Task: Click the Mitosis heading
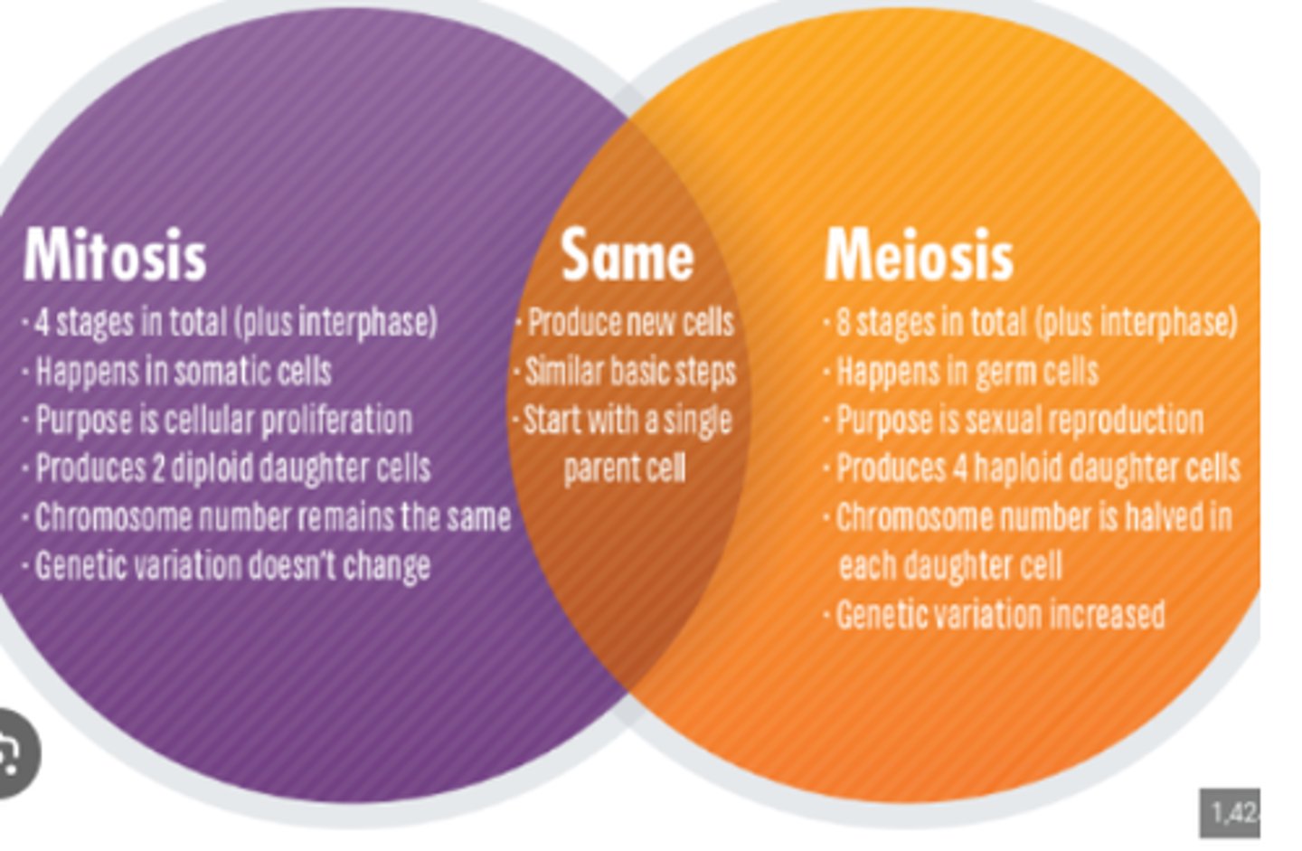pyautogui.click(x=115, y=255)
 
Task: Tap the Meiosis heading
pyautogui.click(x=918, y=255)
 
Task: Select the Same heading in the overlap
pyautogui.click(x=627, y=255)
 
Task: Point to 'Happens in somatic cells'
pyautogui.click(x=183, y=371)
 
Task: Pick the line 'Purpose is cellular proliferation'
pyautogui.click(x=223, y=420)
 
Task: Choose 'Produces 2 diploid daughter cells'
pyautogui.click(x=232, y=468)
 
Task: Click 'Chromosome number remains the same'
pyautogui.click(x=272, y=517)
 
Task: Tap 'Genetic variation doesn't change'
pyautogui.click(x=232, y=566)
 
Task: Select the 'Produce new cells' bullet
pyautogui.click(x=630, y=322)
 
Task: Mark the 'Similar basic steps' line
pyautogui.click(x=630, y=371)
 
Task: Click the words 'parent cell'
pyautogui.click(x=625, y=468)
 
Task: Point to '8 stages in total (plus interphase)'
pyautogui.click(x=1035, y=322)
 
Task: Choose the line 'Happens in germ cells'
pyautogui.click(x=967, y=371)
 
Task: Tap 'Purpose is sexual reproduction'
pyautogui.click(x=1019, y=420)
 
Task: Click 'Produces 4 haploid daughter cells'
pyautogui.click(x=1037, y=468)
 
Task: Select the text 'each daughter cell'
pyautogui.click(x=949, y=566)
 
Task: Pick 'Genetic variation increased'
pyautogui.click(x=1000, y=615)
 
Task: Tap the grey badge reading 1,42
pyautogui.click(x=1231, y=812)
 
